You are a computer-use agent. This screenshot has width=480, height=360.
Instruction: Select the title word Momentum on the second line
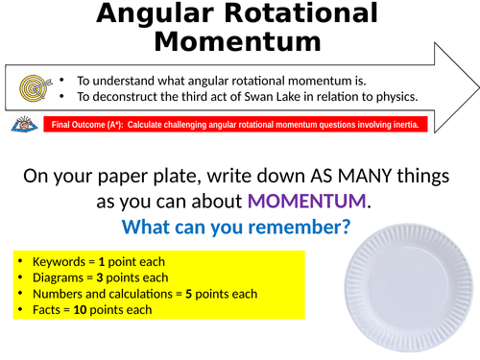point(237,42)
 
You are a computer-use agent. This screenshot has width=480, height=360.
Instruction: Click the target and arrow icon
point(33,89)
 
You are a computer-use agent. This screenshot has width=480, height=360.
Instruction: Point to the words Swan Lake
point(295,96)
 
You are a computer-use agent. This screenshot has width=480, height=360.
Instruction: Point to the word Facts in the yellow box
point(48,309)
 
